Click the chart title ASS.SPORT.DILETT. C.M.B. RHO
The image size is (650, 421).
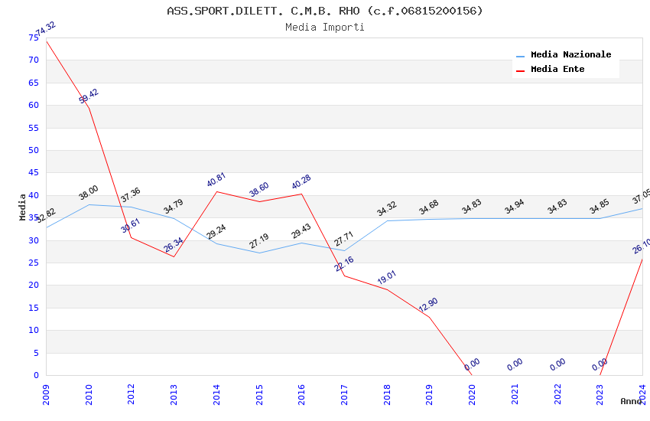[x=325, y=11]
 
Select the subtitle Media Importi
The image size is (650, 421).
[x=325, y=28]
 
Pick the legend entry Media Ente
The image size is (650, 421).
[x=557, y=70]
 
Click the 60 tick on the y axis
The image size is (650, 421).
[x=33, y=106]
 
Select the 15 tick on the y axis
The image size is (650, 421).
[x=33, y=308]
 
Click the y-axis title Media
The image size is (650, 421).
[x=23, y=207]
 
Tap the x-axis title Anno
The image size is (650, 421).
[x=631, y=401]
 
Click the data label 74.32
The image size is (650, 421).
[x=46, y=28]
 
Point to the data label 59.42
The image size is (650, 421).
[x=89, y=96]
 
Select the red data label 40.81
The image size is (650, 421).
[x=216, y=180]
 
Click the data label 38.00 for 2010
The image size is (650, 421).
[x=89, y=193]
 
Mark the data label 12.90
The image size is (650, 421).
[x=429, y=305]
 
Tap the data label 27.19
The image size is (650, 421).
[x=259, y=241]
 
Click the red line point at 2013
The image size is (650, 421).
[x=174, y=256]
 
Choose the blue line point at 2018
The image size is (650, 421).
[x=387, y=221]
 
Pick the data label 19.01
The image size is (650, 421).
[x=386, y=278]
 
